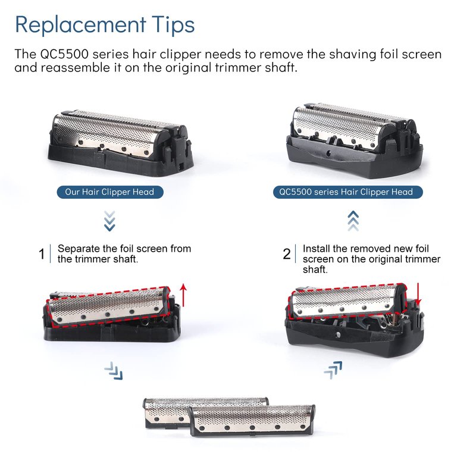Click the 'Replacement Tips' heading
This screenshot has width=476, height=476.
coord(105,25)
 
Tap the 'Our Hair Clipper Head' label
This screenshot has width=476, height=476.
coord(110,192)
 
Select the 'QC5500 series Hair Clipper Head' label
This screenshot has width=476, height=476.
coord(347,192)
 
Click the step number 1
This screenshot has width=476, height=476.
coord(42,254)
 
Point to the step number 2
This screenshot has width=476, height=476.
coord(287,254)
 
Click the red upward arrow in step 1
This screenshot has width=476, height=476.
coord(183,295)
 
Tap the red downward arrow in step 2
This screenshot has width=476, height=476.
coord(418,295)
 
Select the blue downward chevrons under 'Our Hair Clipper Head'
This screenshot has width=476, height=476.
coord(109,221)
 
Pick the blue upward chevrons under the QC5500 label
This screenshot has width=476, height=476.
coord(353,221)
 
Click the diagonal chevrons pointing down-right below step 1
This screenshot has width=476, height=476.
coord(114,371)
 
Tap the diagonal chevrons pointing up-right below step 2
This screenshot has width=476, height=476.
coord(333,370)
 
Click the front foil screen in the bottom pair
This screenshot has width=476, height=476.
coord(252,421)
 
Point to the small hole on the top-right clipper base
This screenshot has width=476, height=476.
coord(328,154)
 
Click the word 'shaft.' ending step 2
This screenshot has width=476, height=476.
coord(315,270)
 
